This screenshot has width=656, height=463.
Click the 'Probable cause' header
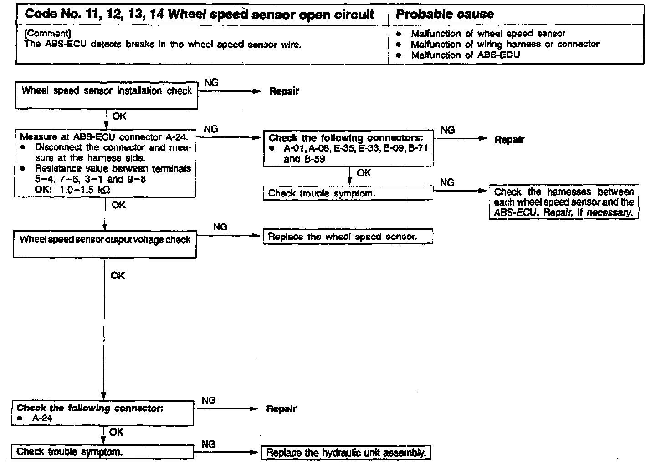[x=445, y=14]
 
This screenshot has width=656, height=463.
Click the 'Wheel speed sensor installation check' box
[x=106, y=95]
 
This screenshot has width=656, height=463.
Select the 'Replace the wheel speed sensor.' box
[x=348, y=237]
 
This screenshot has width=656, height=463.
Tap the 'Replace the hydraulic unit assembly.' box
[x=346, y=453]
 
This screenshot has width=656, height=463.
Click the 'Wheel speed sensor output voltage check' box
[x=105, y=245]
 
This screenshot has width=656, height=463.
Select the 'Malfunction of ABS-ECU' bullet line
[x=465, y=55]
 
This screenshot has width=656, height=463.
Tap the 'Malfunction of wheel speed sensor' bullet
[x=487, y=34]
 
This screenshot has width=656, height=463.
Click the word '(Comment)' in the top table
[x=48, y=34]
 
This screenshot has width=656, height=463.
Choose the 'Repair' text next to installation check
[x=284, y=91]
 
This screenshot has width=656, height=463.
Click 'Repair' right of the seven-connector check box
[x=509, y=140]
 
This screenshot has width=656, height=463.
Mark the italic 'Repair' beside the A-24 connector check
[x=281, y=409]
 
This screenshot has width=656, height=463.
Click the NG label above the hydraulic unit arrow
[x=208, y=444]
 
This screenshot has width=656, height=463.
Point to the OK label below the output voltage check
[x=118, y=276]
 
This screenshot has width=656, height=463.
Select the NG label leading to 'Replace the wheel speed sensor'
[x=220, y=226]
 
